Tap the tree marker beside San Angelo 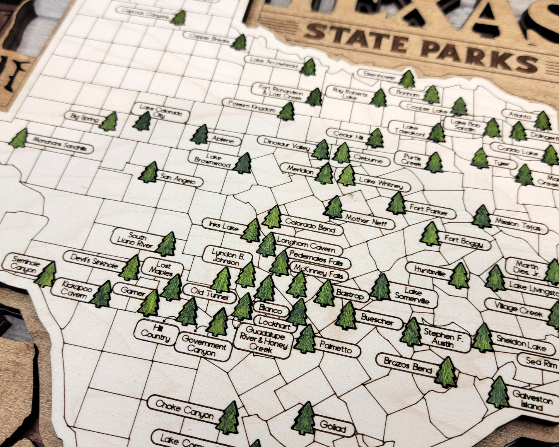tap(149, 173)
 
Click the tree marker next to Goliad tap(304, 418)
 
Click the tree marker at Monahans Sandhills tap(19, 139)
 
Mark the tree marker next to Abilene tap(200, 135)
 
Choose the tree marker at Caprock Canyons tap(179, 18)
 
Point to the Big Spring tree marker tap(109, 122)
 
